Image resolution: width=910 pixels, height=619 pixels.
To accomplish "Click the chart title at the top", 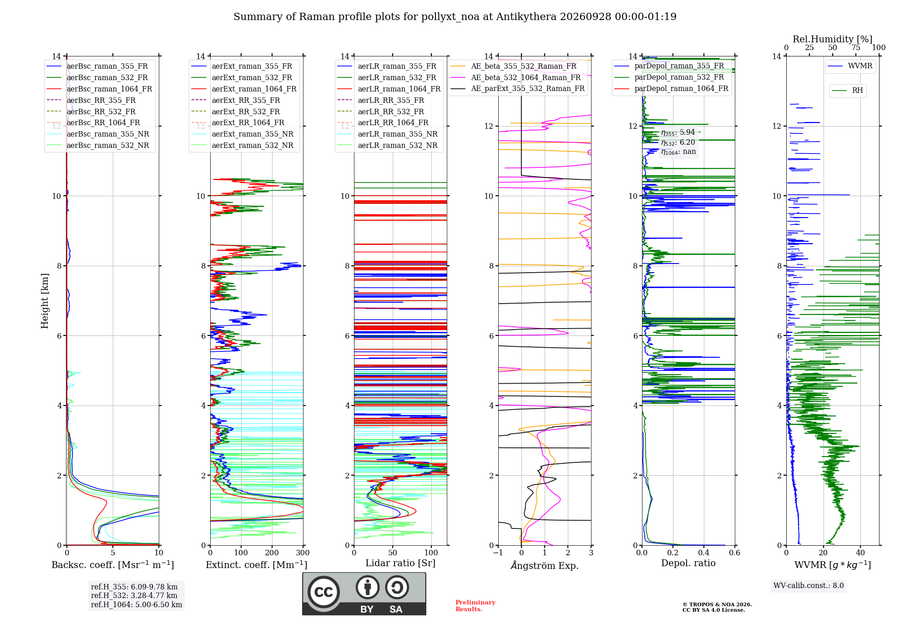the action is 455,17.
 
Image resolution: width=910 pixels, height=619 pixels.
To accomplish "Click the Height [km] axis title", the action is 45,301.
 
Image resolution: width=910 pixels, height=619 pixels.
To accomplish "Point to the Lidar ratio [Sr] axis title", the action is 400,563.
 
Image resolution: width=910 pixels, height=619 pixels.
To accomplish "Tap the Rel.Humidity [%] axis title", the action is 833,39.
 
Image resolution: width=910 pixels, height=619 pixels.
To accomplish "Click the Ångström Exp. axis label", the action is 545,565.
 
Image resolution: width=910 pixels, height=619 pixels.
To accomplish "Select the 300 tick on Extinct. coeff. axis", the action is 303,553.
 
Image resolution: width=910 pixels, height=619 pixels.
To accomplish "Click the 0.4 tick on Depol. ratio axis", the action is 704,553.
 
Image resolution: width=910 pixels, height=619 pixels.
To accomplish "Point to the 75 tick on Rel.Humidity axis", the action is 856,48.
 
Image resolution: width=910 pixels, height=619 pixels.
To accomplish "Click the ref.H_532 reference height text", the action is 134,595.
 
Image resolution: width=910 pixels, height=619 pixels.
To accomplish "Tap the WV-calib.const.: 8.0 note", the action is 809,586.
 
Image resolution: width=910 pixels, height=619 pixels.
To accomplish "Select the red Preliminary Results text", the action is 475,606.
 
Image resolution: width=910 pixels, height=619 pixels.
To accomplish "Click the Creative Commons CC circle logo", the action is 324,592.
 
